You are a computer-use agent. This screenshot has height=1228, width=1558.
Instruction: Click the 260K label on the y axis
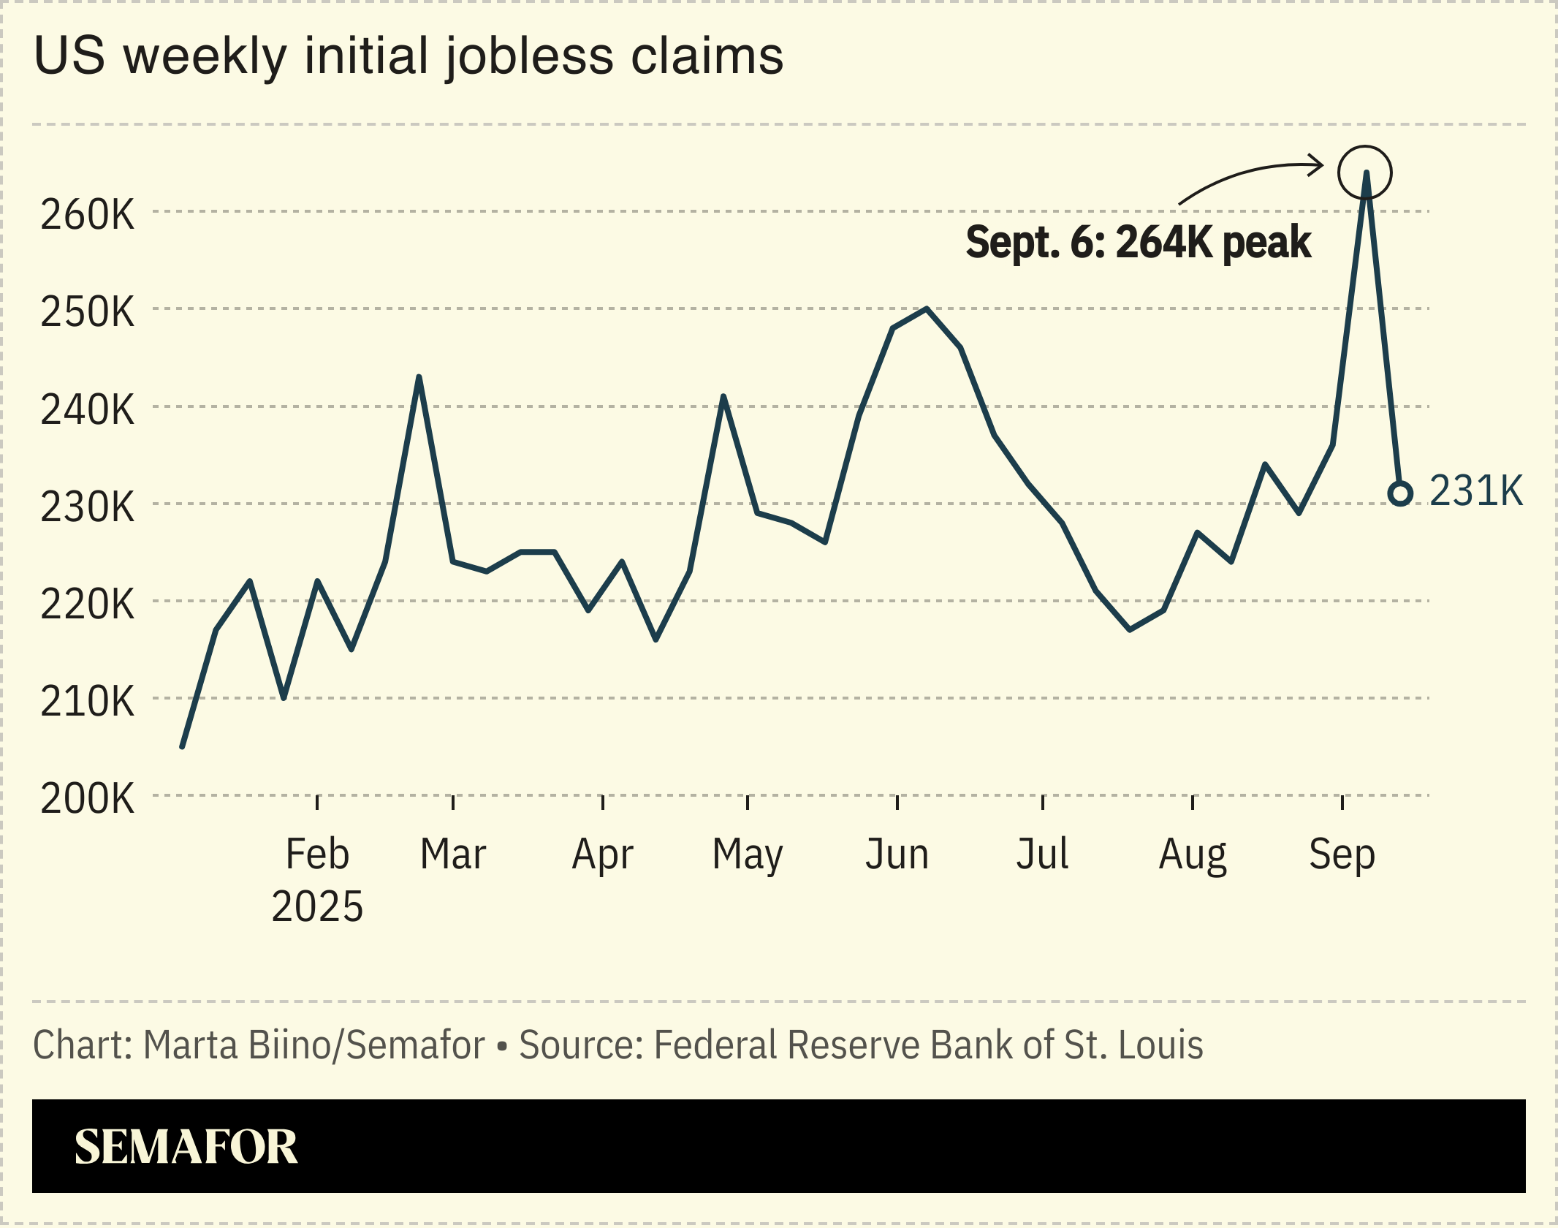pos(88,215)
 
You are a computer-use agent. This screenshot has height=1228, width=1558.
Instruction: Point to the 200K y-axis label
pos(88,798)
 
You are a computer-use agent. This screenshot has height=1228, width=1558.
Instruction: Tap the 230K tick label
pos(88,507)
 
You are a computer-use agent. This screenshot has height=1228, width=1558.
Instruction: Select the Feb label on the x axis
pos(317,854)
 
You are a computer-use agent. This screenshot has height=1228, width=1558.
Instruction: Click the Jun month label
pos(897,854)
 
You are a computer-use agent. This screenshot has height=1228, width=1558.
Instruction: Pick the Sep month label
pos(1342,854)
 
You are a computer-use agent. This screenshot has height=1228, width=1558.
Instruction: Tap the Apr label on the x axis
pos(602,854)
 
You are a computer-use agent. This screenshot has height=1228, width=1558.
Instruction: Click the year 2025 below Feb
pos(317,907)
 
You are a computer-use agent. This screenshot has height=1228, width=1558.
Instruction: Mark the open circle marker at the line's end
pos(1400,494)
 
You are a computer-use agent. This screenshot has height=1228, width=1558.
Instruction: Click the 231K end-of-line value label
pos(1476,490)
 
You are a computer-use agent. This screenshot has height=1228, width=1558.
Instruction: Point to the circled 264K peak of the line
pos(1365,173)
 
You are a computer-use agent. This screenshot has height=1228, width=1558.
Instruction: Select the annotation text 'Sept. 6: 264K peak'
pos(1138,243)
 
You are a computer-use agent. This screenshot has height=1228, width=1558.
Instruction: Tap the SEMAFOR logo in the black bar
pos(186,1147)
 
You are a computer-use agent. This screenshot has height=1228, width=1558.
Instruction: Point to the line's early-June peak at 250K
pos(927,308)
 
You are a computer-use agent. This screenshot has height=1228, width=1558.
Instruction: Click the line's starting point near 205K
pos(182,746)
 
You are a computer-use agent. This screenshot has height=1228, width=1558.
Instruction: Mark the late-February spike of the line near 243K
pos(419,377)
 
